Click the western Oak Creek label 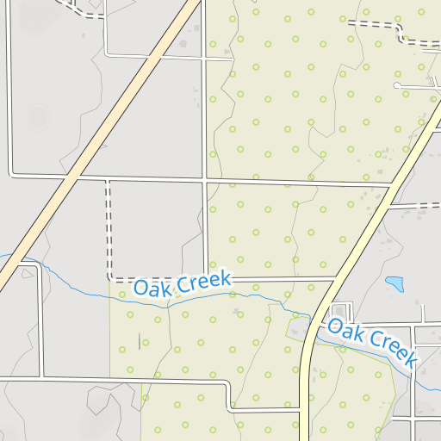[x=182, y=283]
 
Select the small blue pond [x=395, y=283]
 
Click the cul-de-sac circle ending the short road [x=396, y=86]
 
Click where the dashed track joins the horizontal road [x=108, y=180]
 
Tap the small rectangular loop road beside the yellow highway [x=340, y=311]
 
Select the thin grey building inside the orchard [x=140, y=340]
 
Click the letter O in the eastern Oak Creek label [x=336, y=326]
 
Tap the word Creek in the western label [x=208, y=279]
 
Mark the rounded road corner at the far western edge [x=10, y=172]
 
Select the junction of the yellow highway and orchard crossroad [x=391, y=184]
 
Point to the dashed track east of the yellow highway [x=413, y=206]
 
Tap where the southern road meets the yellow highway [x=301, y=410]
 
